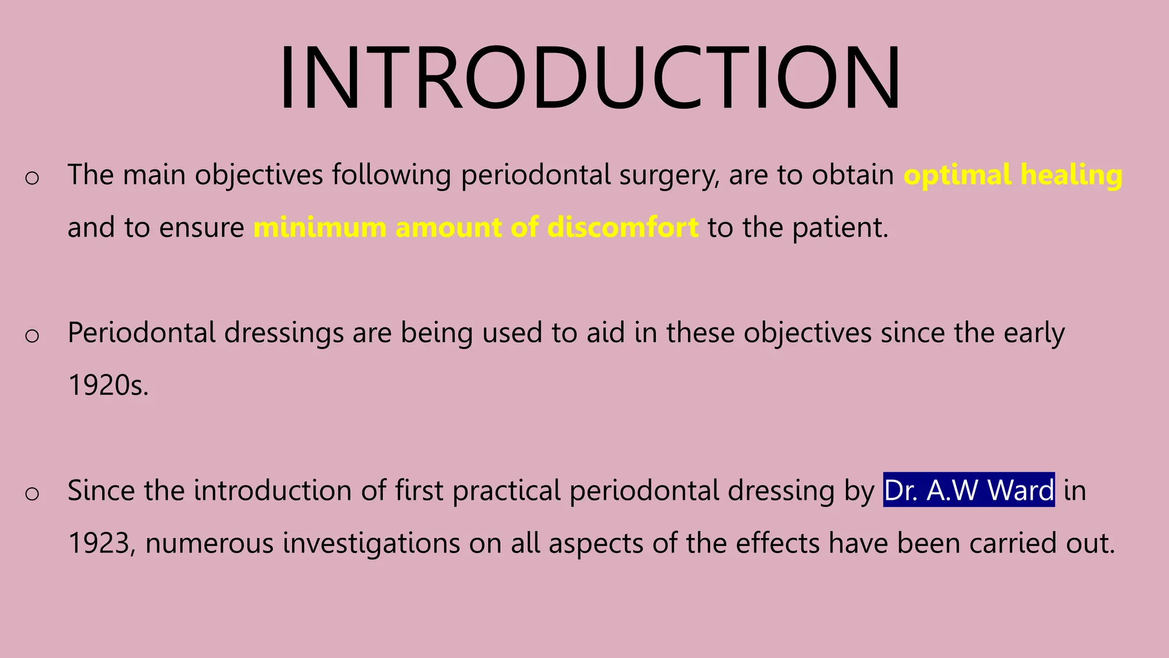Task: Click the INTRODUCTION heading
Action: (590, 78)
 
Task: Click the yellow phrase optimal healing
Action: (1013, 175)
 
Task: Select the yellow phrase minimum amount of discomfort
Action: (475, 227)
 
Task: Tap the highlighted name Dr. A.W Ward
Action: (969, 490)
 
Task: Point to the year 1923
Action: (98, 543)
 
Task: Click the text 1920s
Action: (108, 385)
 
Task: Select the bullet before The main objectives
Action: (33, 178)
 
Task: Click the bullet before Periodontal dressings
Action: (33, 335)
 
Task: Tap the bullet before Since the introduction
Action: (33, 493)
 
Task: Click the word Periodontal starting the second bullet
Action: (142, 332)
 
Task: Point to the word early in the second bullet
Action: (1034, 332)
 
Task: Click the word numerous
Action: (209, 543)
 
